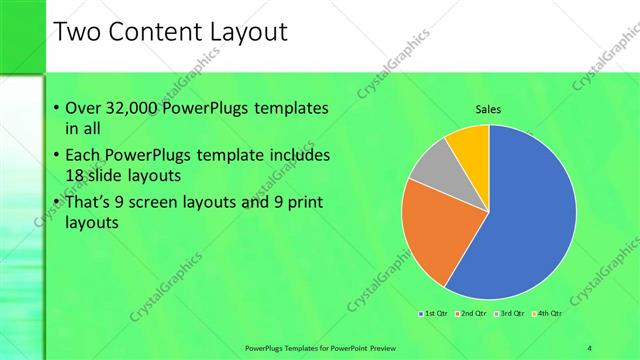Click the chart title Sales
[x=488, y=109]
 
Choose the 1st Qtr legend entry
[x=434, y=314]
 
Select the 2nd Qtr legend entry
[x=472, y=314]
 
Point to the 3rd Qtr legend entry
[x=510, y=314]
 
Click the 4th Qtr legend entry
[x=548, y=314]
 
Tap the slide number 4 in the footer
[x=590, y=347]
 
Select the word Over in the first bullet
[x=81, y=108]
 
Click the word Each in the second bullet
[x=81, y=156]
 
